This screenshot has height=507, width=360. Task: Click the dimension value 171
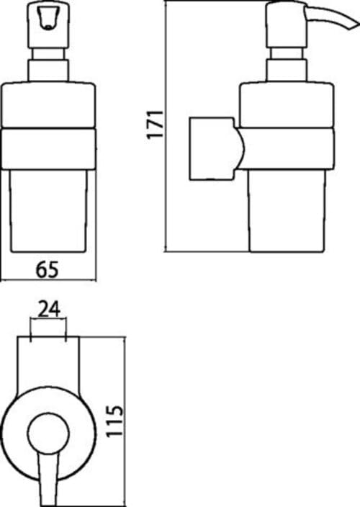pyautogui.click(x=155, y=125)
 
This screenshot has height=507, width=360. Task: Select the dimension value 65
pyautogui.click(x=48, y=269)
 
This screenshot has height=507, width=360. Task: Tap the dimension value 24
pyautogui.click(x=49, y=309)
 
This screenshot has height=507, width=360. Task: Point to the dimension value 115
pyautogui.click(x=115, y=421)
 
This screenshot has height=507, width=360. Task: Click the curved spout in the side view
pyautogui.click(x=333, y=19)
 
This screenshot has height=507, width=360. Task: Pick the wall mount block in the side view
pyautogui.click(x=212, y=148)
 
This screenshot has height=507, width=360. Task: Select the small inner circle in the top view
pyautogui.click(x=48, y=433)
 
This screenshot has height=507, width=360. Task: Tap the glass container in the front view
pyautogui.click(x=48, y=210)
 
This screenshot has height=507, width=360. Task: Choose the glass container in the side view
pyautogui.click(x=287, y=210)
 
